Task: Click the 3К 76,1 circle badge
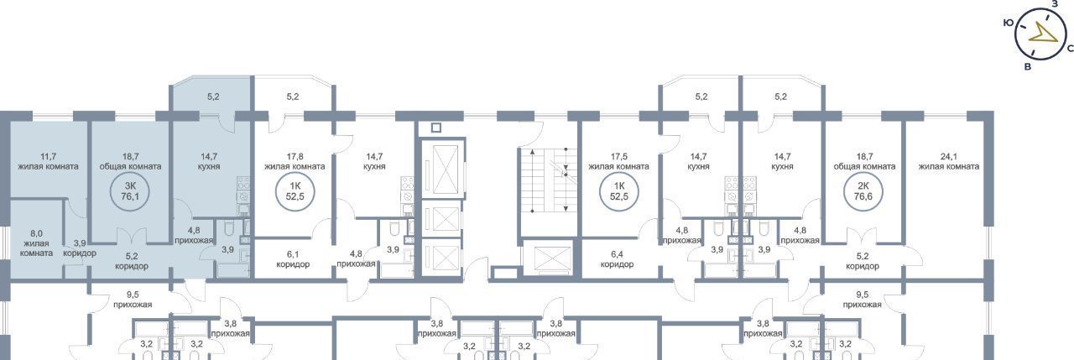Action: tap(130, 192)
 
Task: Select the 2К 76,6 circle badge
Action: tap(863, 192)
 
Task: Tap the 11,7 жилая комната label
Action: tap(48, 162)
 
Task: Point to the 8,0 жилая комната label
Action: tap(36, 243)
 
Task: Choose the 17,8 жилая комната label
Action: tap(295, 162)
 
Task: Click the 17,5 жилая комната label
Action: tap(618, 162)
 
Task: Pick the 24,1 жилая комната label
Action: tap(949, 162)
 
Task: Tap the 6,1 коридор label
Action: tap(293, 259)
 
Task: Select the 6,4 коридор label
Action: tap(617, 259)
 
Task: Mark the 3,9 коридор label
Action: tap(80, 248)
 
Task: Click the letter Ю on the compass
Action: tap(1008, 23)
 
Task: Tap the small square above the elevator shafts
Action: tap(435, 128)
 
